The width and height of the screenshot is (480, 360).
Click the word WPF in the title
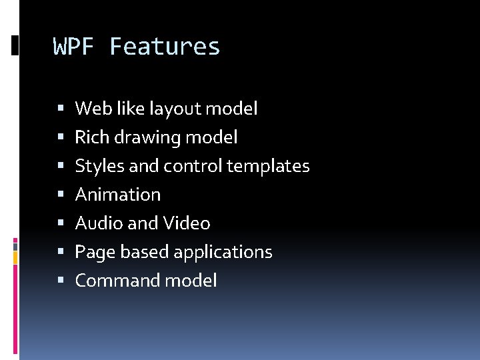point(75,47)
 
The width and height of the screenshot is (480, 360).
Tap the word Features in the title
point(165,47)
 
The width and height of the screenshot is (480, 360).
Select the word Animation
point(118,195)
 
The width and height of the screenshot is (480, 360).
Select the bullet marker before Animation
point(61,195)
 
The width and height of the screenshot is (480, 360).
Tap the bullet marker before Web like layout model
point(61,109)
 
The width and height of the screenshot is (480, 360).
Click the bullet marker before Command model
point(61,281)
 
